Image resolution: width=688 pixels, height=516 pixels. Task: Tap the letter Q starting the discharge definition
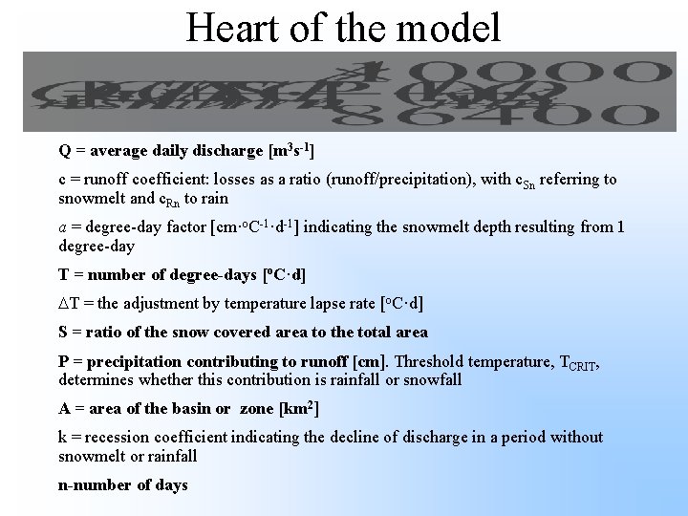(64, 151)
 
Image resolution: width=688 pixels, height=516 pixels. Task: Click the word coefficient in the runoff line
(164, 179)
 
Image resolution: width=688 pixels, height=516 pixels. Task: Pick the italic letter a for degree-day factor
(63, 226)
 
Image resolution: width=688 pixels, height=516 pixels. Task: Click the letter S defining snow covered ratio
(63, 333)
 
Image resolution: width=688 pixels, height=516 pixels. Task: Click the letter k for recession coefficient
(63, 438)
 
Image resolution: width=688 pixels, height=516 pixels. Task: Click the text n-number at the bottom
(92, 485)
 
